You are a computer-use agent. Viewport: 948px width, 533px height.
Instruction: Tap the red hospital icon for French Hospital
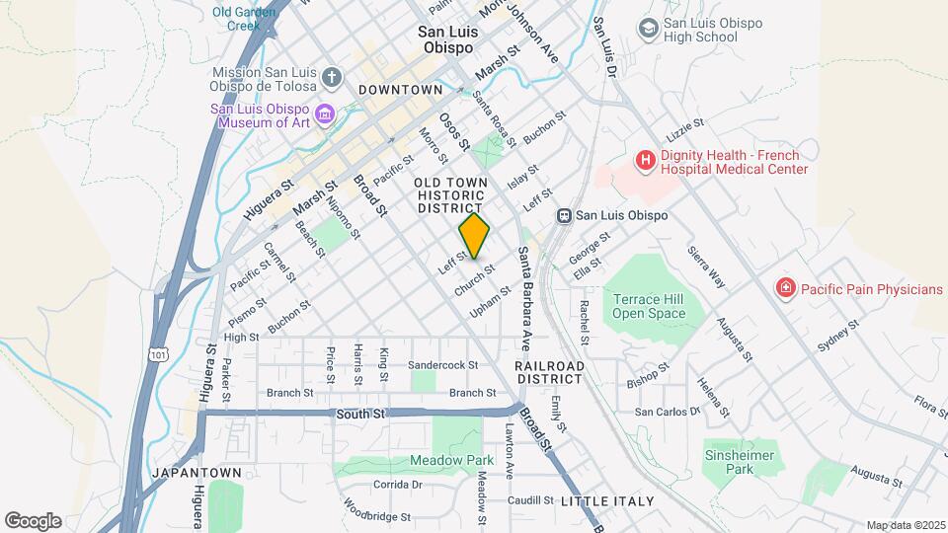tap(645, 160)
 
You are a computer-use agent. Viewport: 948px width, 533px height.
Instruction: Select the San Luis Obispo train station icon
tap(564, 215)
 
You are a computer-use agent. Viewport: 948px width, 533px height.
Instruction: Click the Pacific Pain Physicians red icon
tap(786, 288)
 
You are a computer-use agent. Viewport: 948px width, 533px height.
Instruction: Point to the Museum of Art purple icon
tap(325, 117)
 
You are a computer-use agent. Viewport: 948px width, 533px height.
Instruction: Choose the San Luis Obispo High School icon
tap(648, 29)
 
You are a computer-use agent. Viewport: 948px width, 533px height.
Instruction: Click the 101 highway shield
tap(158, 352)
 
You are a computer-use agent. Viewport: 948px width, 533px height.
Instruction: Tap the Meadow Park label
tap(451, 461)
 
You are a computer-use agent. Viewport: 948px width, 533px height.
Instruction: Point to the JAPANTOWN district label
tap(191, 473)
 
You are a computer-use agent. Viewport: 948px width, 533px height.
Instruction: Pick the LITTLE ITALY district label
tap(607, 501)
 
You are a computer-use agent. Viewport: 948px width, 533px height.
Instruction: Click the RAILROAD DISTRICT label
tap(549, 372)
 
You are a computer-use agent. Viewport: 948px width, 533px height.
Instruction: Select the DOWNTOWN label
tap(400, 90)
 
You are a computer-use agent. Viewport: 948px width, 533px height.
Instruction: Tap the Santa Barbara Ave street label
tap(525, 297)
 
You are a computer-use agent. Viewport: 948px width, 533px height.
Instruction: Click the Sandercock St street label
tap(442, 364)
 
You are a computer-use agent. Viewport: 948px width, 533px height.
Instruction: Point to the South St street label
tap(359, 414)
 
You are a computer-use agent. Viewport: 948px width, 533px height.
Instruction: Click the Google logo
tap(33, 521)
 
